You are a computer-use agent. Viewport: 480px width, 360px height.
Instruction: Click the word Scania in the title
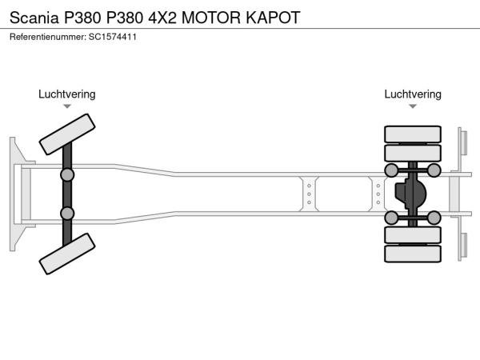34,16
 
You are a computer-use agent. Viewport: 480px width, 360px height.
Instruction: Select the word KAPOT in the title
278,16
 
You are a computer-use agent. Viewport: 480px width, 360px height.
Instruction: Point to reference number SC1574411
113,37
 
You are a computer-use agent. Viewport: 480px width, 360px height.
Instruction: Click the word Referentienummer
45,37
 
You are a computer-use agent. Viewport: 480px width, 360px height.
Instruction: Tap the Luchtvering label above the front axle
67,94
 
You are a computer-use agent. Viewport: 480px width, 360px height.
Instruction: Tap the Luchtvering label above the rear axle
413,94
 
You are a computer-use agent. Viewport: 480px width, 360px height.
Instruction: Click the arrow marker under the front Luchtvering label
67,106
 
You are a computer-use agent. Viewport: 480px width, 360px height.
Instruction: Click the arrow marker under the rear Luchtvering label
413,106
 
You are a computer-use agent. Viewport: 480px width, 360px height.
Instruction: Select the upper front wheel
68,134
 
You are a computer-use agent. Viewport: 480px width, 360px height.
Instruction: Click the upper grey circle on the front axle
67,174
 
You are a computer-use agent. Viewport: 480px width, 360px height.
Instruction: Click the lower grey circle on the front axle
67,213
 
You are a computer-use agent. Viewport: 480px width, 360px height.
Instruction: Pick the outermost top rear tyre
413,134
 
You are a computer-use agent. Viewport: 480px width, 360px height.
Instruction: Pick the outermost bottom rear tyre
413,254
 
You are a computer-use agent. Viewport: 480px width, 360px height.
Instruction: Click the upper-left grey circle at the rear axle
392,170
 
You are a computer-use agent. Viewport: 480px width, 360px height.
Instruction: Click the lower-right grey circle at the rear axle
434,217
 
